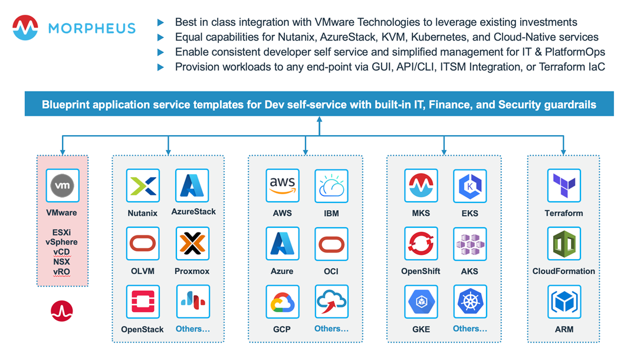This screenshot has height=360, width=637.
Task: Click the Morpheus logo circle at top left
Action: click(x=25, y=28)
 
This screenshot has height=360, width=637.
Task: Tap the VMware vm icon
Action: click(x=62, y=185)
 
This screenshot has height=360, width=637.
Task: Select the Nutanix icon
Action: click(x=143, y=186)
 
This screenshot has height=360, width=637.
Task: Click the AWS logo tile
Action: click(x=283, y=186)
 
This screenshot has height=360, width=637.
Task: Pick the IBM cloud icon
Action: click(x=331, y=186)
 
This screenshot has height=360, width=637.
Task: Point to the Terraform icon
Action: click(x=564, y=186)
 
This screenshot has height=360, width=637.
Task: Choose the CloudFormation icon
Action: click(x=564, y=244)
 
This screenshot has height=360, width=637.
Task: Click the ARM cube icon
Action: click(x=564, y=302)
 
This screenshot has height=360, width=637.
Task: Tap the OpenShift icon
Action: click(x=421, y=244)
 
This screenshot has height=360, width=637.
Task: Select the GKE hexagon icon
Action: click(x=421, y=302)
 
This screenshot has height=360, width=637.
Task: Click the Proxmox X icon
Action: click(x=192, y=244)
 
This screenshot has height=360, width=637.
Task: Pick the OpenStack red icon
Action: click(x=143, y=302)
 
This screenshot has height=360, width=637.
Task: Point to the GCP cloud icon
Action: click(x=283, y=302)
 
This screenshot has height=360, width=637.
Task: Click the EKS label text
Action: click(x=469, y=213)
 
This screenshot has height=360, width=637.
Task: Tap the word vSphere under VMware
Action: click(x=61, y=242)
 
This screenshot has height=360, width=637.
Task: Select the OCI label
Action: click(x=331, y=271)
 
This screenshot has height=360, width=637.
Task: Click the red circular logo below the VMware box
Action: click(x=62, y=311)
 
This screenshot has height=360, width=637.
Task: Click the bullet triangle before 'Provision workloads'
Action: click(x=160, y=67)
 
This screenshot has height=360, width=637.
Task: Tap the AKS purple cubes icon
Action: click(x=469, y=244)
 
